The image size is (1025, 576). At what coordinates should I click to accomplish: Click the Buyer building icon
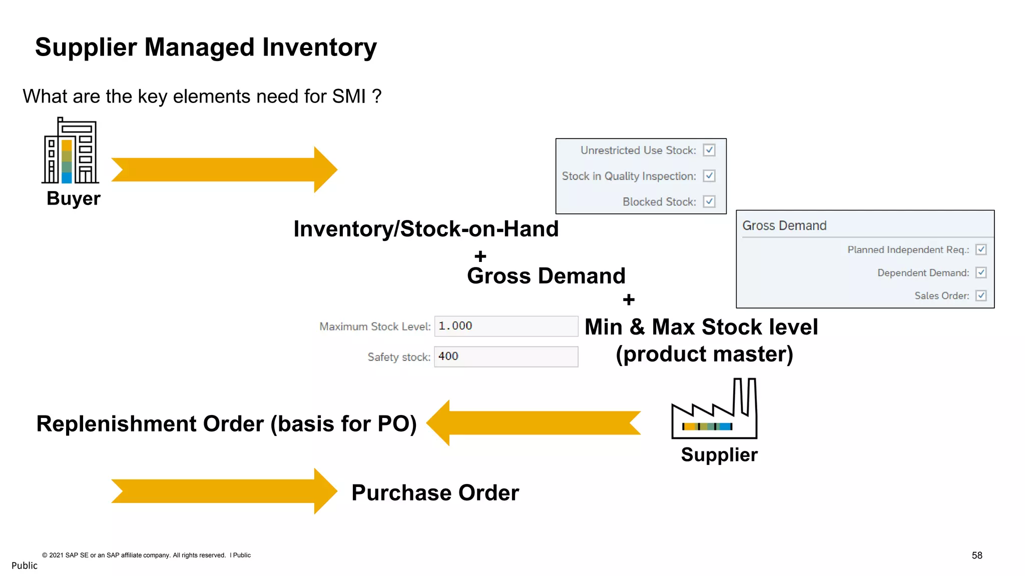(x=70, y=151)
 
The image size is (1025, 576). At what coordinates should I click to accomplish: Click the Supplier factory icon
(x=714, y=410)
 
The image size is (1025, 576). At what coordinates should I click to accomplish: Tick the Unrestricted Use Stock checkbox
(x=709, y=150)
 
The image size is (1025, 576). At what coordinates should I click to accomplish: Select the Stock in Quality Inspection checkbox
(x=709, y=176)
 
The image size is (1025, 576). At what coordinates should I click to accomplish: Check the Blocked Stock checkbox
(x=709, y=201)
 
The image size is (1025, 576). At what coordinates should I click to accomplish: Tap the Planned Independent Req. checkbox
(x=981, y=249)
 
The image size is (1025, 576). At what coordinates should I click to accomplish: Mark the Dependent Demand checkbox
(x=981, y=272)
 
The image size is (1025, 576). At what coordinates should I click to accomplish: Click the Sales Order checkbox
(x=981, y=295)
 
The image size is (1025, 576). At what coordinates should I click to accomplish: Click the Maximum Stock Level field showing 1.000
(x=505, y=326)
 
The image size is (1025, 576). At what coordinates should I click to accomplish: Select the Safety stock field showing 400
(x=505, y=356)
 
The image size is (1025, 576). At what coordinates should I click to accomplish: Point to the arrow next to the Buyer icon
(x=224, y=169)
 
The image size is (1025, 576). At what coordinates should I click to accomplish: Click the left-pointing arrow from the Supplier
(x=533, y=422)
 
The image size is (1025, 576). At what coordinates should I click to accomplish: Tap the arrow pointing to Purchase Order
(x=224, y=491)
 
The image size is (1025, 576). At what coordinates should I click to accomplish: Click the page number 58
(x=976, y=555)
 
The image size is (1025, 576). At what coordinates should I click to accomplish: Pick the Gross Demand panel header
(x=784, y=225)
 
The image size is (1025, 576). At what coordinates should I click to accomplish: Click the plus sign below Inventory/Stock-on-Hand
(x=480, y=256)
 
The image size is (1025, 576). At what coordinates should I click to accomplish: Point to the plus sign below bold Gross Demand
(x=629, y=299)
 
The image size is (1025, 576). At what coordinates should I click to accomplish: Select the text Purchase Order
(x=435, y=493)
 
